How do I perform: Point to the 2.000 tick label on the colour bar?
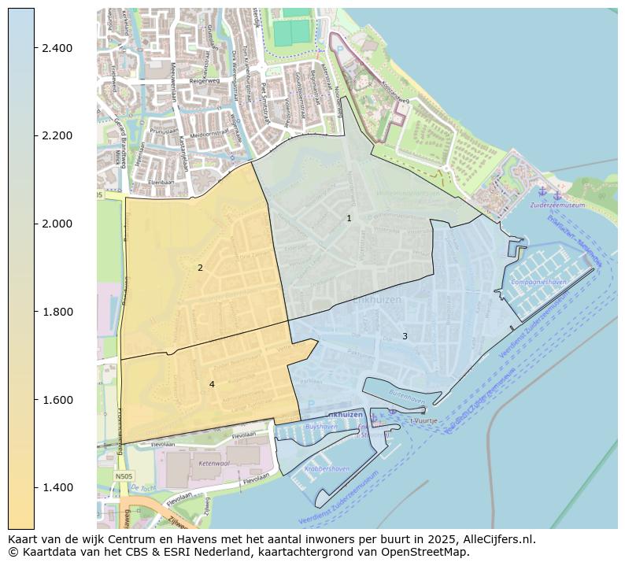click(57, 224)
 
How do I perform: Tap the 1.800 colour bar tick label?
click(57, 312)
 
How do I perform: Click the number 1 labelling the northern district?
click(349, 219)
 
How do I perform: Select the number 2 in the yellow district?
click(200, 268)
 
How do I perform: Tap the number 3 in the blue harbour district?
click(405, 337)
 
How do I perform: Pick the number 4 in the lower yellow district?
click(211, 384)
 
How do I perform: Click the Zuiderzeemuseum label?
click(557, 205)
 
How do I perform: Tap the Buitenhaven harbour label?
click(405, 400)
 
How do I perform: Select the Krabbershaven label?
click(327, 468)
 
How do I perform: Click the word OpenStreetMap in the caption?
click(431, 552)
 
